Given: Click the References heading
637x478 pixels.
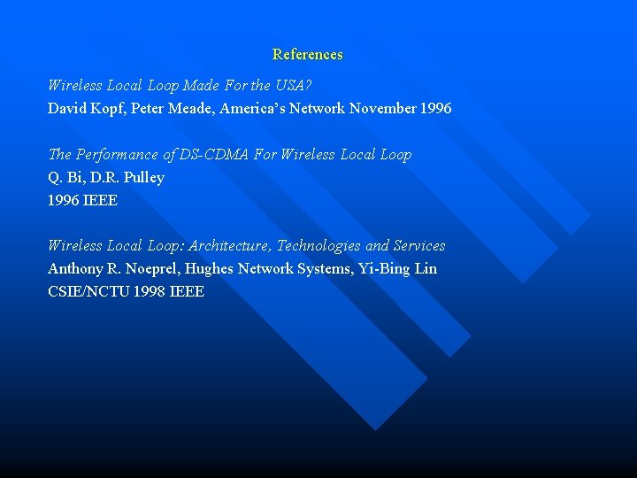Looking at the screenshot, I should tap(307, 55).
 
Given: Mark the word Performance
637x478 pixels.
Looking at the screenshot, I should tap(121, 155).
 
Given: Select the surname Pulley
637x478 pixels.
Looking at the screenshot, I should tap(143, 178).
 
